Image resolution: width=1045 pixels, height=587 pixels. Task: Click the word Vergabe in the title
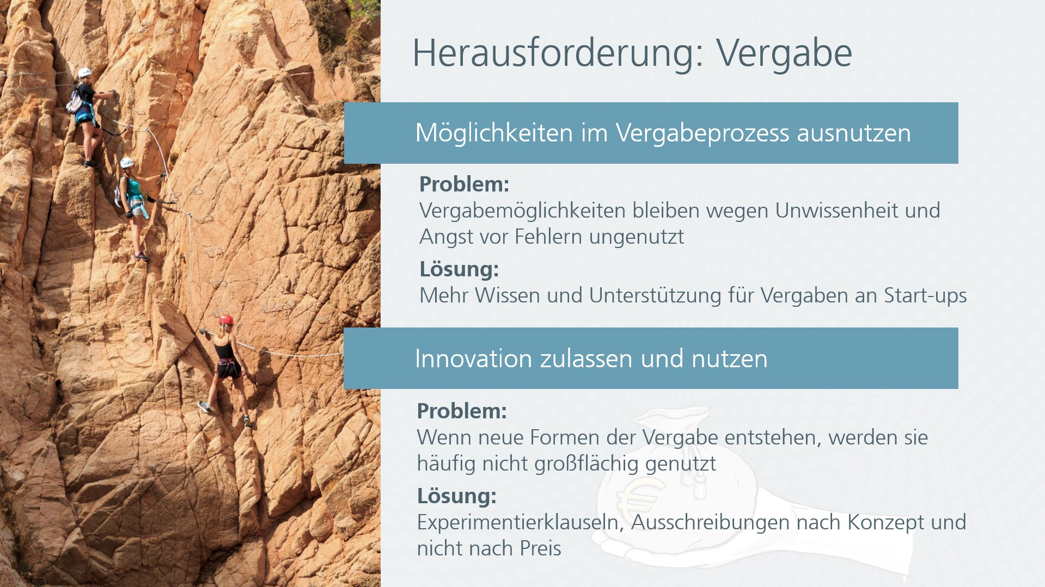click(x=784, y=53)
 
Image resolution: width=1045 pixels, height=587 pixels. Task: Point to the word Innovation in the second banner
click(x=473, y=359)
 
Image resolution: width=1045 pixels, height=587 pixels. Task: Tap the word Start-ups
click(x=925, y=296)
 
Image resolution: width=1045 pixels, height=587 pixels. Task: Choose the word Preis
click(x=540, y=548)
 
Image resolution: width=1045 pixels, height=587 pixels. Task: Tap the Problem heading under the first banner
click(x=464, y=184)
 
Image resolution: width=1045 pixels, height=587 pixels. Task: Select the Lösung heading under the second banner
click(x=456, y=496)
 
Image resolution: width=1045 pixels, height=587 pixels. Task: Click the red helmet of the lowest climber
click(x=226, y=319)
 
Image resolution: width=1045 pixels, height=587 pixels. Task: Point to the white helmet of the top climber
click(x=84, y=72)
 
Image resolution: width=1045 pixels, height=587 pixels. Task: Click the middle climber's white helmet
click(x=127, y=162)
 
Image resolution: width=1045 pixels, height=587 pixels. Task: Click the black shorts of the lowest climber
click(x=229, y=368)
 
